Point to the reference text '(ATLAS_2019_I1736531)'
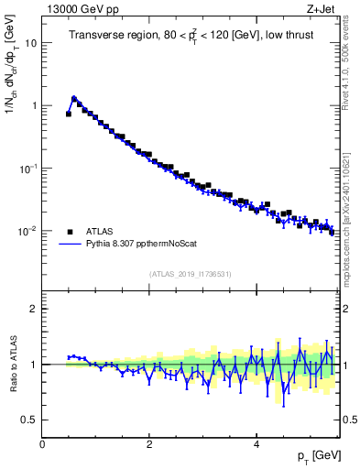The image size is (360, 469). pos(190,274)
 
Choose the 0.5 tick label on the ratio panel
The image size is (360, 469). pos(29,420)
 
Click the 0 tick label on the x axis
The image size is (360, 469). pos(43,445)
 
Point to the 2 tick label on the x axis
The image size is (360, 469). pos(150,445)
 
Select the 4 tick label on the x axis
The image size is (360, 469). pos(257,445)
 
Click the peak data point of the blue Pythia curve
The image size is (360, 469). pos(74,97)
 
